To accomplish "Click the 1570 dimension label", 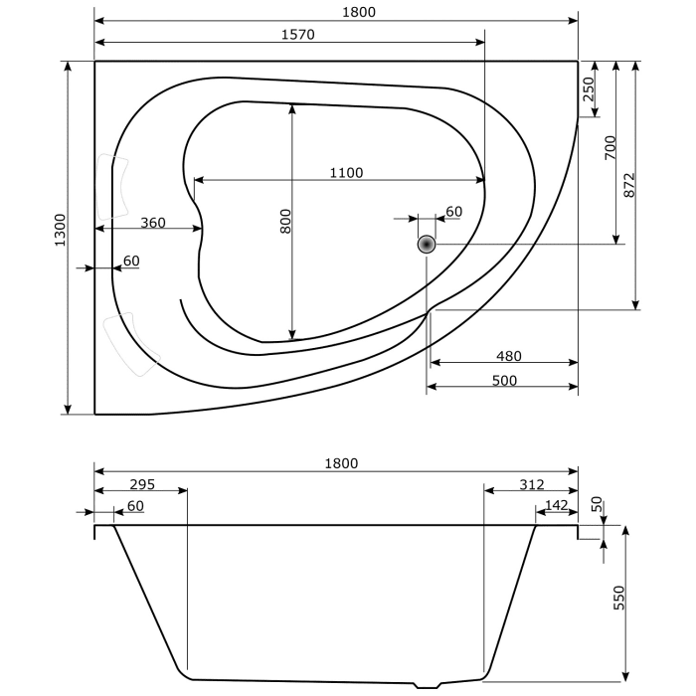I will coord(297,34).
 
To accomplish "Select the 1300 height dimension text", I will coord(60,230).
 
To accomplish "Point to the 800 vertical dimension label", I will coord(285,221).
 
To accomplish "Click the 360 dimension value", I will coord(152,223).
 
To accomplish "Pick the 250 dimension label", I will coord(588,89).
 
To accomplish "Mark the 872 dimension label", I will coord(628,184).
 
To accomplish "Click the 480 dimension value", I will coord(508,356).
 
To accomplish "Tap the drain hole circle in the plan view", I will coord(427,244).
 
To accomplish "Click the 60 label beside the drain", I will coord(453,212).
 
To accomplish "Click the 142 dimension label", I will coord(557,506).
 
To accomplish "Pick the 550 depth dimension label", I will coord(618,598).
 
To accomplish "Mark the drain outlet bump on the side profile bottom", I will coord(429,684).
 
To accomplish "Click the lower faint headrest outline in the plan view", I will coord(132,344).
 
